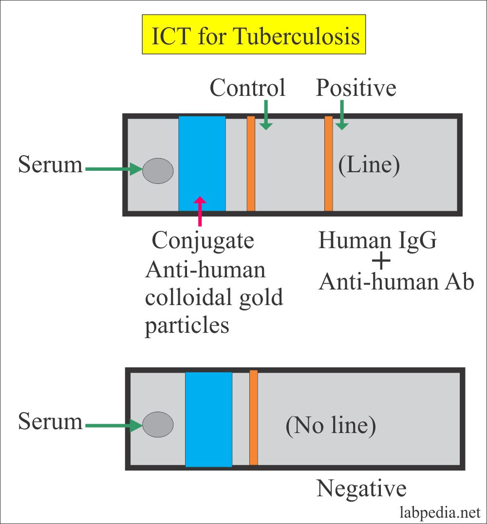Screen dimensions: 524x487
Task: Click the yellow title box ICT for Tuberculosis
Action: [254, 35]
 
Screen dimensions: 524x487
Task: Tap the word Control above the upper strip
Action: [247, 88]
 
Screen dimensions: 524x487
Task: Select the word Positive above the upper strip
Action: [356, 88]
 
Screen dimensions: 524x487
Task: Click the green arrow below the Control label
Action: [265, 115]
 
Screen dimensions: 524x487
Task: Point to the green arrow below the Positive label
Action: [342, 115]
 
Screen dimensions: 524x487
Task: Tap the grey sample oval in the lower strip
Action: [158, 424]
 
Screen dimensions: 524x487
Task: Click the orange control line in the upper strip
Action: [251, 163]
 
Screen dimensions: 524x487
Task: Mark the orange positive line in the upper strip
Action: [329, 163]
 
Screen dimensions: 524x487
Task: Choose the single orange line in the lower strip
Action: [253, 417]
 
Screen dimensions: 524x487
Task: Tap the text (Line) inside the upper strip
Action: [369, 165]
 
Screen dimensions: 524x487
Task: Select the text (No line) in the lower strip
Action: [331, 426]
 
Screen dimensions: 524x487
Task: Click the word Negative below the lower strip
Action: [361, 488]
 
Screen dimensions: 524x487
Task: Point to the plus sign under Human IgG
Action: [381, 262]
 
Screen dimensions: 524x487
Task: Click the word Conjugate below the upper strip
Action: [203, 240]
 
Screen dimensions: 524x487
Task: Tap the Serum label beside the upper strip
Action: [50, 165]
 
